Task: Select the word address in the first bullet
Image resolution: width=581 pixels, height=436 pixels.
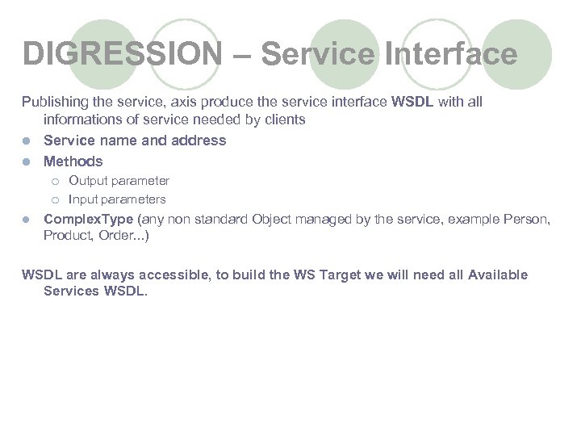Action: click(199, 140)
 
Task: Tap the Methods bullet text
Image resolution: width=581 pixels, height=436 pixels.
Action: click(73, 161)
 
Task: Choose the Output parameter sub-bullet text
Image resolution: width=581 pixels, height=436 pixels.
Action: click(119, 181)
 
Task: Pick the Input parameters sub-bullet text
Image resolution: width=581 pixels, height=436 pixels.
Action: click(117, 199)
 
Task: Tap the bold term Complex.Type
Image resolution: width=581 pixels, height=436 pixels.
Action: click(89, 219)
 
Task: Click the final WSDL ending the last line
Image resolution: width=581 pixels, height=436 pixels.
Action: click(124, 291)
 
